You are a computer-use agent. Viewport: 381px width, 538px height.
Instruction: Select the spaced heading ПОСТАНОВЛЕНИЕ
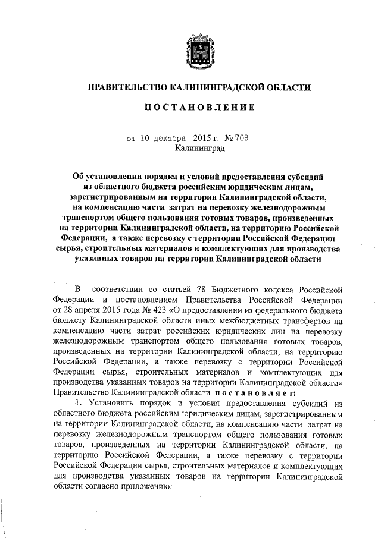tap(199, 108)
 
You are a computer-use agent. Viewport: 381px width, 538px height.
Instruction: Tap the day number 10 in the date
tap(146, 139)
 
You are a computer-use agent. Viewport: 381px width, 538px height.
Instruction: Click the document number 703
tap(241, 139)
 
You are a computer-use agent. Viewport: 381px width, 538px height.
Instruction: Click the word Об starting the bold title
tap(78, 177)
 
